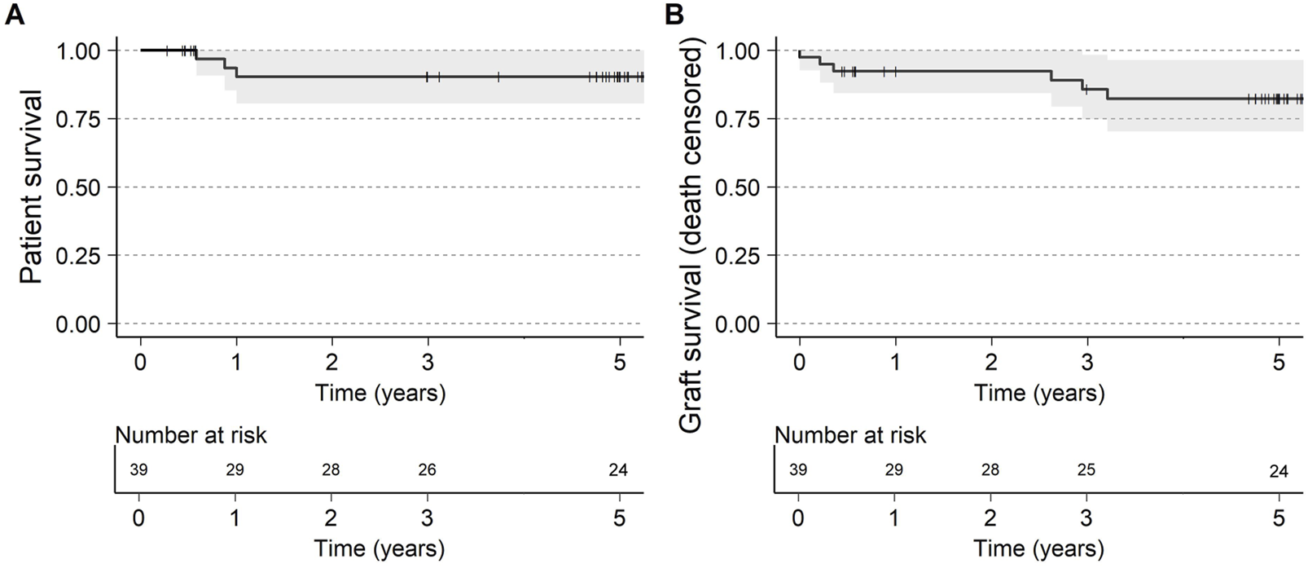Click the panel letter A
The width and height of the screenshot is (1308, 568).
14,15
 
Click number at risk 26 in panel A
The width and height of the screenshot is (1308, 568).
427,470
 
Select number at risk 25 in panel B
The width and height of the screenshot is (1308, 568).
1086,470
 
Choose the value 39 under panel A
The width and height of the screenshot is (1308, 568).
140,470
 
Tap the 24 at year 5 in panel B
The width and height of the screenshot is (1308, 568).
1278,472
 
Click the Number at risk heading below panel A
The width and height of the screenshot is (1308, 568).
191,435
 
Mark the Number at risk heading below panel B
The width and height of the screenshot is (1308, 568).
849,435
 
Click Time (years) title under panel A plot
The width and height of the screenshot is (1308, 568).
380,394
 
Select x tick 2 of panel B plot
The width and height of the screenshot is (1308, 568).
990,361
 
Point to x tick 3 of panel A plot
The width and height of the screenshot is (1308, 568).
428,361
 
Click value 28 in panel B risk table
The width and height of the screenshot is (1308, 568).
990,470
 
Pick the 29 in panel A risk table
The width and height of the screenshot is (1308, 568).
235,470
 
